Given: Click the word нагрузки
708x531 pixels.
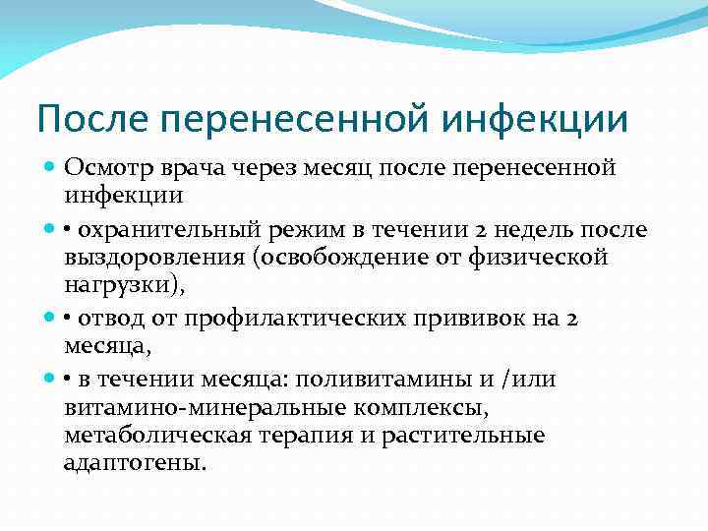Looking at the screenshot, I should [x=117, y=284].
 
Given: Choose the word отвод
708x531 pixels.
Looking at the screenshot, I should [x=111, y=319].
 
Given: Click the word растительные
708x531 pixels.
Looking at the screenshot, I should [x=481, y=435].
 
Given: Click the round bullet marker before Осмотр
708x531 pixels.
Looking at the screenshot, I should [x=51, y=168].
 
